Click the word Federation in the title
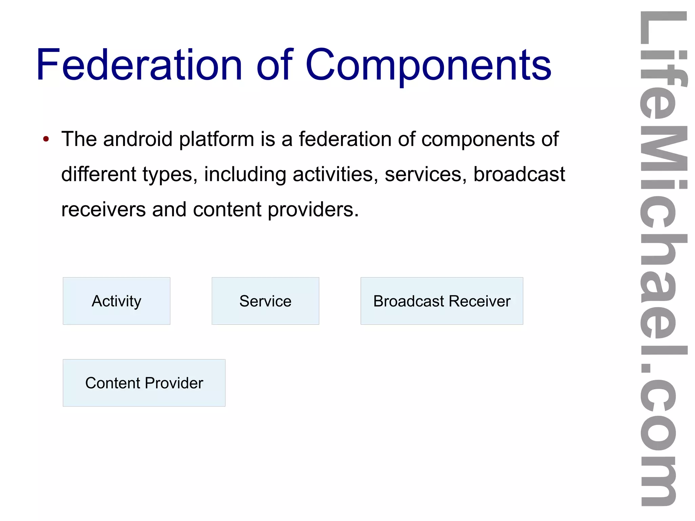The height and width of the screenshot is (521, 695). [x=139, y=65]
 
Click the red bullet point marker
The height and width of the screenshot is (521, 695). [x=46, y=139]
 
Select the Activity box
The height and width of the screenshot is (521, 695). [x=116, y=301]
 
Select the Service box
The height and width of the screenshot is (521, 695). [x=265, y=301]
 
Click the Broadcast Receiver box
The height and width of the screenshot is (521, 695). [x=442, y=301]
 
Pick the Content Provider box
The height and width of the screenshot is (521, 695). [x=144, y=383]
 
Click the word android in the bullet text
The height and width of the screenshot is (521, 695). [x=138, y=139]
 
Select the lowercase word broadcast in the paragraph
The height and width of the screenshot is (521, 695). [x=519, y=174]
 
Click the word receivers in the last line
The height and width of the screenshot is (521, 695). [x=104, y=209]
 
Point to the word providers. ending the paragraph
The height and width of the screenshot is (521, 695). [x=313, y=210]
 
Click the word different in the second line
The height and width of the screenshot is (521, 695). [x=98, y=174]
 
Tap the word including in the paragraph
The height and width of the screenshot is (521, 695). [x=245, y=175]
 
